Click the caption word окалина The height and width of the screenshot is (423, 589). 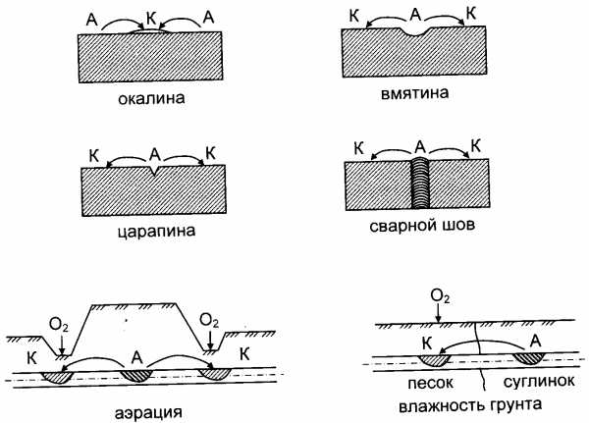click(x=151, y=98)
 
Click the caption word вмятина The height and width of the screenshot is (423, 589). click(x=414, y=93)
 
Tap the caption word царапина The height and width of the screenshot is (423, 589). click(x=157, y=231)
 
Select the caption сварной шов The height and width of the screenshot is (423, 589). click(x=422, y=226)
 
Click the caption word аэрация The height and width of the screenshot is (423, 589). click(x=148, y=412)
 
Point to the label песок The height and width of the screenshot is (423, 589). click(x=431, y=383)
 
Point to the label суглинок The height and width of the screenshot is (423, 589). click(x=539, y=382)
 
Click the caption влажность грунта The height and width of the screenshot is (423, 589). click(x=470, y=405)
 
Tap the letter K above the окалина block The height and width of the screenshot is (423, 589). click(x=151, y=19)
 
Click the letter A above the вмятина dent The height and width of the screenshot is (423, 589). click(x=415, y=15)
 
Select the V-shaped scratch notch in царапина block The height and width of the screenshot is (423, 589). click(x=153, y=171)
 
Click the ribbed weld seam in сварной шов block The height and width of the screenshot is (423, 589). click(x=420, y=184)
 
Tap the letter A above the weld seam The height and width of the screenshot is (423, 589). click(x=420, y=147)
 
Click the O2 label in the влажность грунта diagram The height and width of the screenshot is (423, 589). click(x=440, y=296)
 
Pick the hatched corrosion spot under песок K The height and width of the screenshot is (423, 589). click(x=435, y=359)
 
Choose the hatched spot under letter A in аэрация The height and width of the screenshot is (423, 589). click(x=137, y=375)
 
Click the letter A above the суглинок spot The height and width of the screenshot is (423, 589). click(x=536, y=342)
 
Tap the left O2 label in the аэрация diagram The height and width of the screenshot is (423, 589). click(x=59, y=325)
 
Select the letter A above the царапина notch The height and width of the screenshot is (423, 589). click(x=155, y=154)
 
